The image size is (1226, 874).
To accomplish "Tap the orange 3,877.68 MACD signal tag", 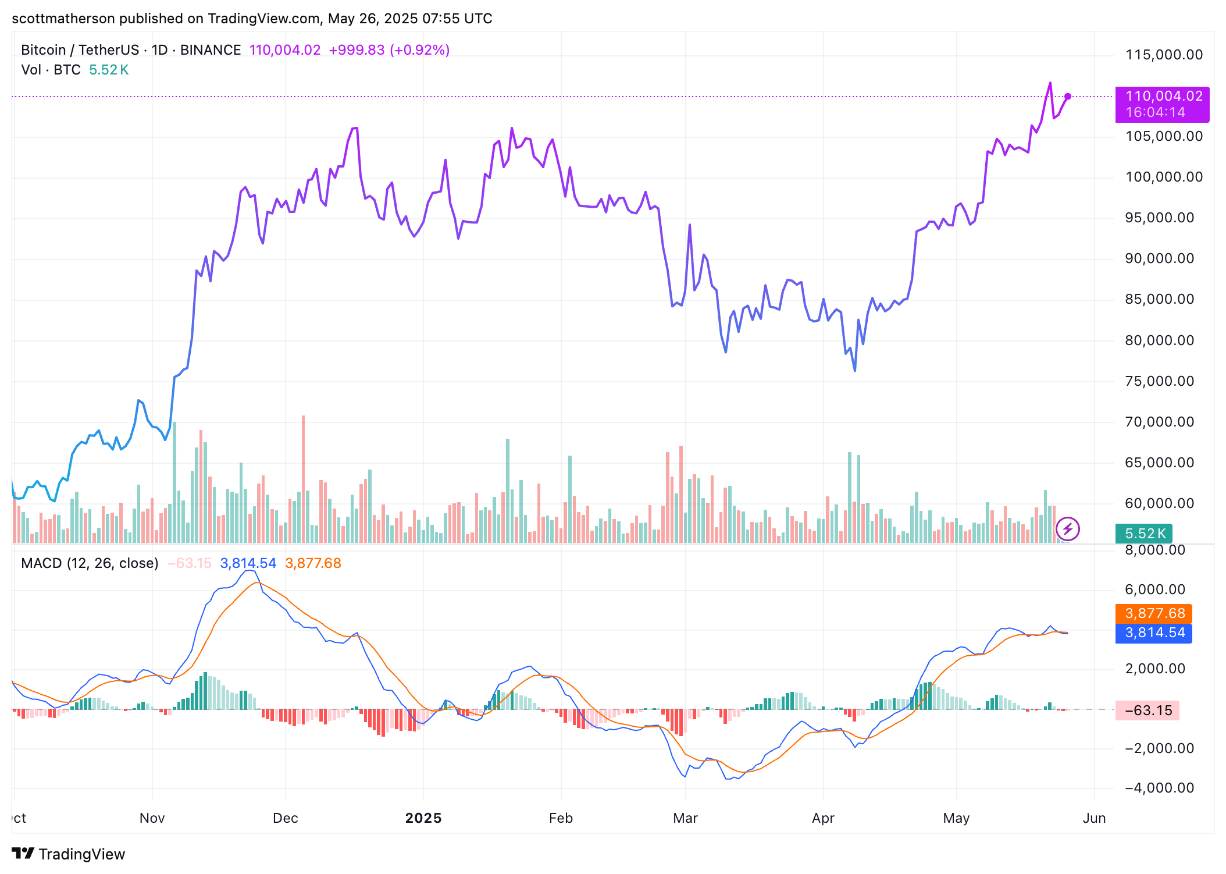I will tap(1154, 613).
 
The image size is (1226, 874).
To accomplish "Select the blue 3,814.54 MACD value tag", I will tap(1154, 633).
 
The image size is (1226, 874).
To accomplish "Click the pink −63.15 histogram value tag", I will tap(1147, 710).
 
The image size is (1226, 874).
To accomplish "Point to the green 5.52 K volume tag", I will tap(1143, 534).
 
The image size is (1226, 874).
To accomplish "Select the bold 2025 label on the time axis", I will tap(423, 818).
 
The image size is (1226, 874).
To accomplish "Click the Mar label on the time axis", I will tap(685, 818).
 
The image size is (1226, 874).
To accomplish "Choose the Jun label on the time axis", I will tap(1094, 818).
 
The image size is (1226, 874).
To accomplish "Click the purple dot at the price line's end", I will tap(1068, 97).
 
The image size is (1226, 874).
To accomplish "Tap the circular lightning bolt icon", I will tap(1068, 529).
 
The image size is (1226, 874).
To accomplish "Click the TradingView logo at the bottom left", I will tap(69, 854).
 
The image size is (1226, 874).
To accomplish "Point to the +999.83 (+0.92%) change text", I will tap(389, 50).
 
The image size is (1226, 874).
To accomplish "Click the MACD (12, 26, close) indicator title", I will tap(90, 563).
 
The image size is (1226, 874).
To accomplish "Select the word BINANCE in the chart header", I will tap(211, 50).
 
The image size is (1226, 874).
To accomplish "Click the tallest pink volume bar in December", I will tap(303, 477).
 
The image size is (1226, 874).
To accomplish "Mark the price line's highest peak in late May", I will tap(1050, 83).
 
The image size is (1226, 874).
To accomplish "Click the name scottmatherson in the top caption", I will tap(63, 19).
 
